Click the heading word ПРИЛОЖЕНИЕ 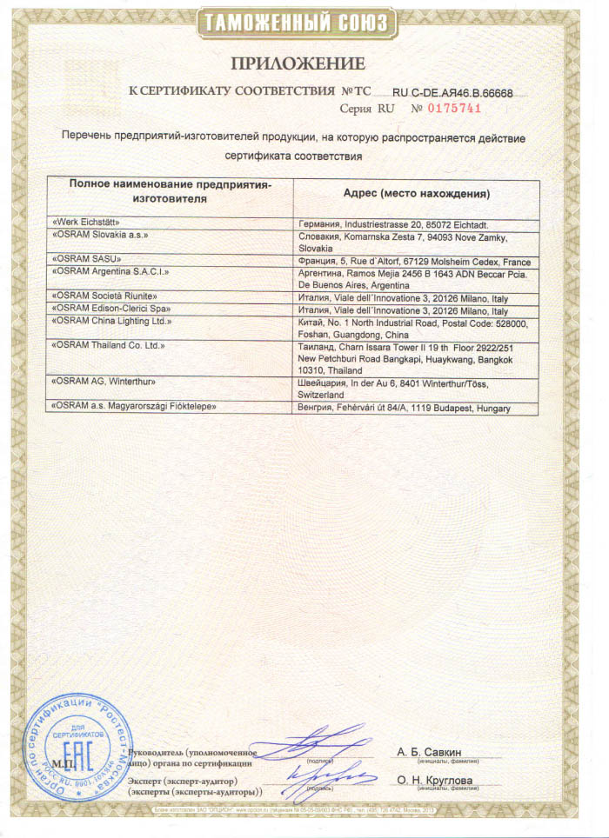pos(297,63)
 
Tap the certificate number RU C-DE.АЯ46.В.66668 pos(452,91)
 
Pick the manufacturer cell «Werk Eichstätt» pos(86,224)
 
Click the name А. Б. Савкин pos(429,750)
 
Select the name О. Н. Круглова pos(434,780)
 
